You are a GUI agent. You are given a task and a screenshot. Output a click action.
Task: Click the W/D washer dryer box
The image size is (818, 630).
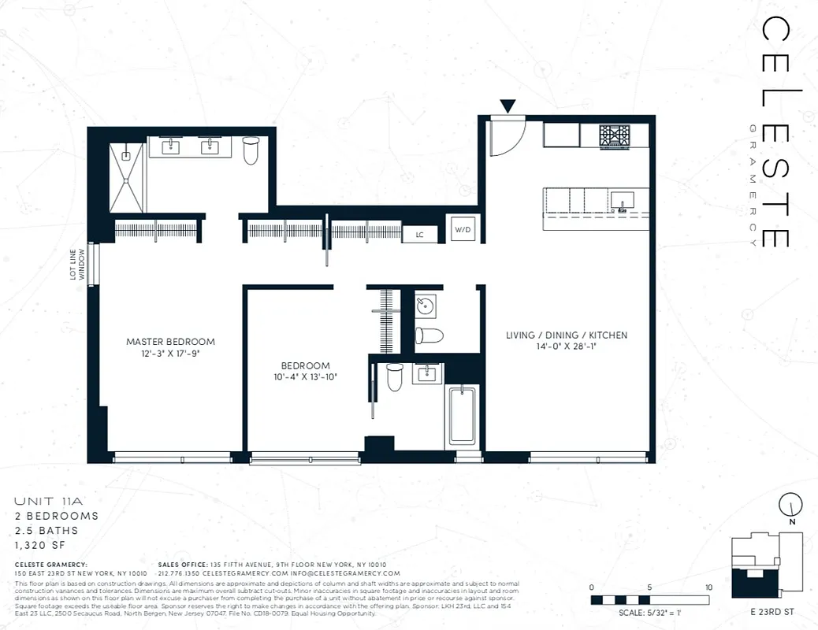click(461, 230)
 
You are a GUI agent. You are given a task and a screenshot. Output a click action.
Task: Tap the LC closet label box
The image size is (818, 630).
click(419, 235)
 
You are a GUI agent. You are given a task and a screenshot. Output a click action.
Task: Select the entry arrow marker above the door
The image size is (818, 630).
click(508, 106)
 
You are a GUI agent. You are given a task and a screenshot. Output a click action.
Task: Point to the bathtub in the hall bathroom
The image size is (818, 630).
click(463, 417)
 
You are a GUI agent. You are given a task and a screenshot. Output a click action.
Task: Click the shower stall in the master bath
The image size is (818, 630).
click(127, 177)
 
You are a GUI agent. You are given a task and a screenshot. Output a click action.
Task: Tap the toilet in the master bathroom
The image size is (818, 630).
click(251, 150)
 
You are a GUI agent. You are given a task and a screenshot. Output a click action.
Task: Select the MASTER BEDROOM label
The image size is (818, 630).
click(170, 342)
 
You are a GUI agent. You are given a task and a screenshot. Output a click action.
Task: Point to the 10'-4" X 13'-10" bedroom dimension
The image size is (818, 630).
click(306, 377)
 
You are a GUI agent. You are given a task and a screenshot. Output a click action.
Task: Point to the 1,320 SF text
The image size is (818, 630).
click(42, 544)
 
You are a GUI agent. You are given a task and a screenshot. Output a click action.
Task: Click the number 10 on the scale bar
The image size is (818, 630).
click(709, 587)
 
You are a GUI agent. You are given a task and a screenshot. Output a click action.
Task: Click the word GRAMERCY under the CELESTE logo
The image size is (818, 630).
click(754, 186)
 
